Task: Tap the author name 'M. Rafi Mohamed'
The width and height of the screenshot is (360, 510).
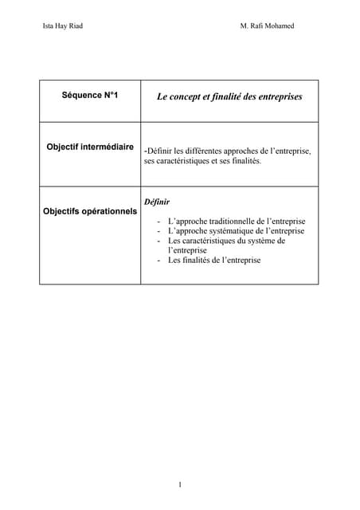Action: tap(267, 26)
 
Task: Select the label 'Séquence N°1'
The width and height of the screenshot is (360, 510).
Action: tap(90, 96)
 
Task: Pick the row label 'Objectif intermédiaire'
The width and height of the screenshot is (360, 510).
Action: tap(90, 147)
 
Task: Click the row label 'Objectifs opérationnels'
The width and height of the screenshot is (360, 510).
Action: tap(90, 212)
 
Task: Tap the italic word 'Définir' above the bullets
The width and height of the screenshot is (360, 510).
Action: tap(157, 202)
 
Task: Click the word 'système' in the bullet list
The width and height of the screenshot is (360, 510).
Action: tap(260, 241)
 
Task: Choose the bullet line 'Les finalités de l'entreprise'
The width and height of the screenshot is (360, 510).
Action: tap(214, 260)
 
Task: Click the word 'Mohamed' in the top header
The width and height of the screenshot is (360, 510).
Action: tap(279, 26)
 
